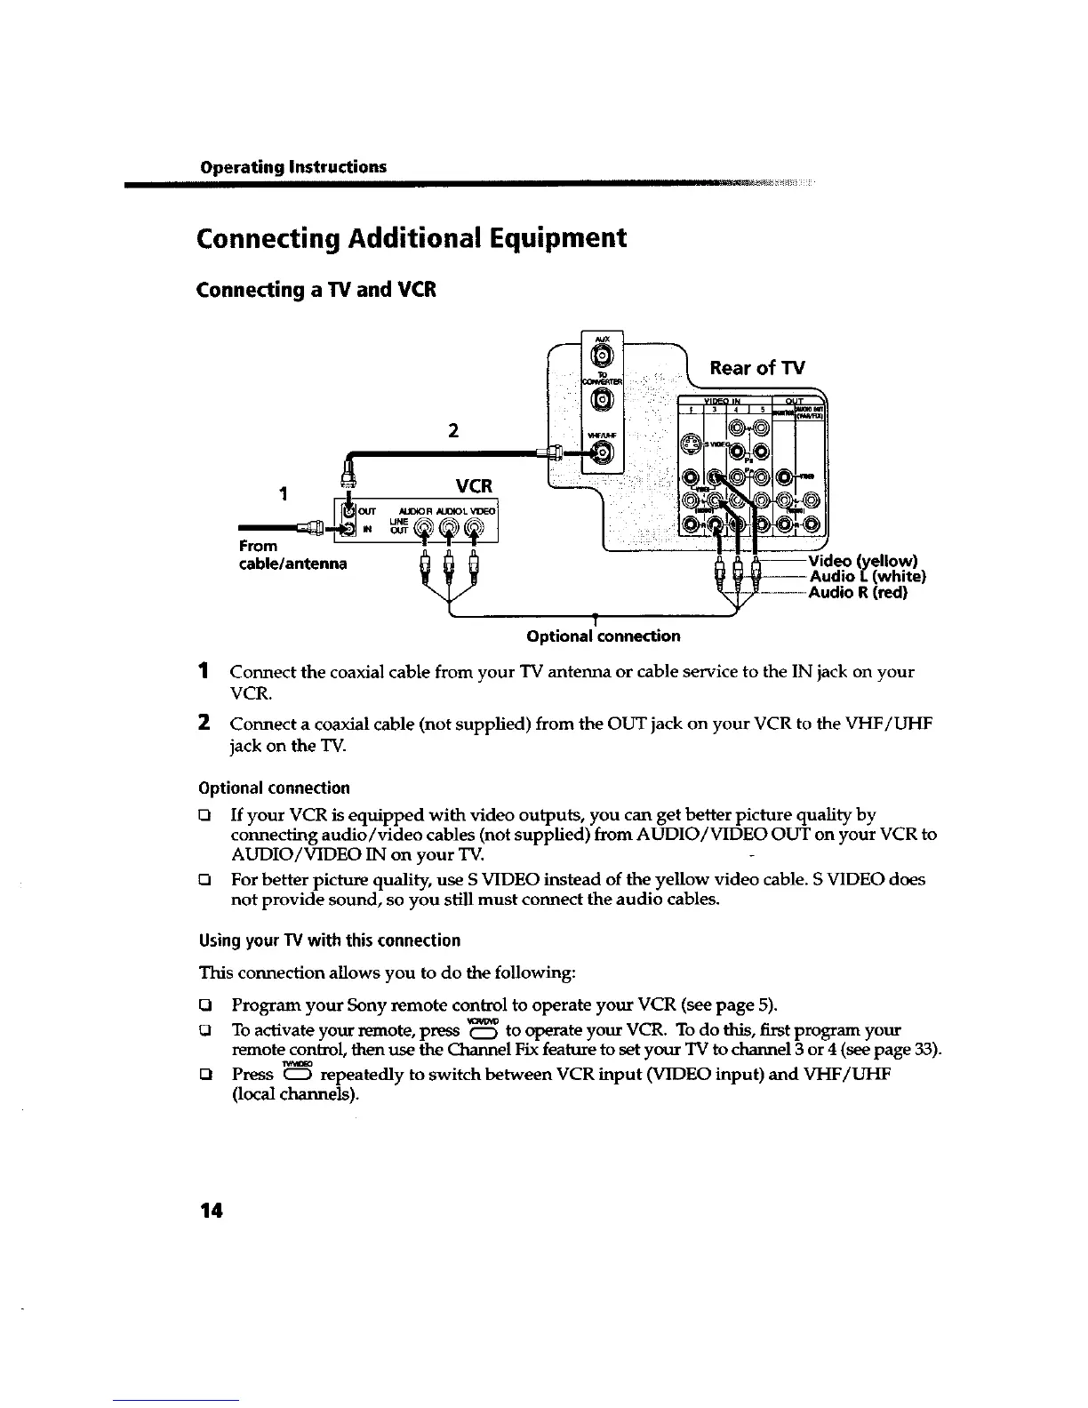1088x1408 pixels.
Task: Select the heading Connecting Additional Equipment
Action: click(412, 239)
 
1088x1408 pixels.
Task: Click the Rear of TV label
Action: click(756, 368)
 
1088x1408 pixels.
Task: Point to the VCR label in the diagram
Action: click(474, 486)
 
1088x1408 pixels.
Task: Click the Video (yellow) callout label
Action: click(862, 562)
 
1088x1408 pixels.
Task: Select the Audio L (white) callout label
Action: click(868, 578)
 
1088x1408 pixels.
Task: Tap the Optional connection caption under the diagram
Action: click(603, 636)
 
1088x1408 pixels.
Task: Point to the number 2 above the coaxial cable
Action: click(453, 431)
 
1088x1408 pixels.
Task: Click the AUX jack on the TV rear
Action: click(601, 356)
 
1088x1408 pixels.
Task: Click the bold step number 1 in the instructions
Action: click(204, 670)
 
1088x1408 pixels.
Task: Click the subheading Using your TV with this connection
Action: click(328, 940)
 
